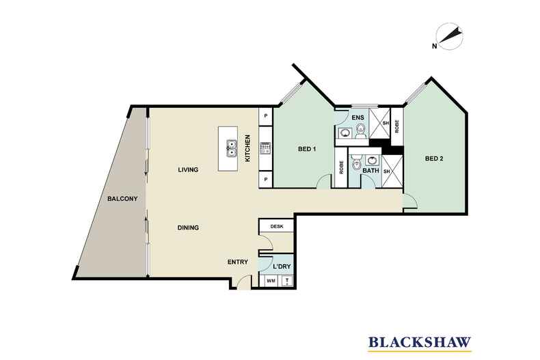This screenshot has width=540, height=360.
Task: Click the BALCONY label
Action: pos(122,199)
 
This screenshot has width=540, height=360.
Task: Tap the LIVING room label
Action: pos(188,169)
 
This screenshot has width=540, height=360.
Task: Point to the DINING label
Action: pos(188,227)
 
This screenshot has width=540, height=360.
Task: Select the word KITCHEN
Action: pos(247,148)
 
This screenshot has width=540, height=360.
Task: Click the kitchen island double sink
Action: pos(231,148)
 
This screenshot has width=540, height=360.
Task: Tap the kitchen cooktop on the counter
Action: pos(266,148)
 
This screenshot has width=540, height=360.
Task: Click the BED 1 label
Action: pos(307,149)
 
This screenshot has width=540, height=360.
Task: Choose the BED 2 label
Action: pos(434,158)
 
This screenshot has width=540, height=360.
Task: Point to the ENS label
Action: pos(357,117)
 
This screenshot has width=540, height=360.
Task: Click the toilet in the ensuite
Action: pos(361,131)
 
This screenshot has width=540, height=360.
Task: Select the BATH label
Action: pos(370,170)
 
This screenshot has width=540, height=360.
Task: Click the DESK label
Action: pos(277,227)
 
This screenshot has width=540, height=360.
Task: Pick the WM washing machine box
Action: pos(271,281)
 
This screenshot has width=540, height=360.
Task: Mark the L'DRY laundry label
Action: pos(282,266)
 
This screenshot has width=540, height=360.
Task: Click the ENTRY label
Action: pos(238,262)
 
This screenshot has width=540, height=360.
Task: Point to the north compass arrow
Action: pos(449,36)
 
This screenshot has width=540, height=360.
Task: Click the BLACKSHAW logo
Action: pos(420,342)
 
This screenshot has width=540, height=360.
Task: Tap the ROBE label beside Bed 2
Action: pos(396,126)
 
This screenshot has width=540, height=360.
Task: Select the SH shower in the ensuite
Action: pos(379,123)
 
